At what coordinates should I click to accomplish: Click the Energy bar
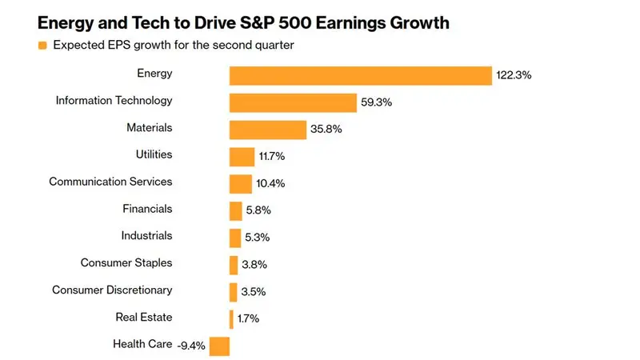pos(361,75)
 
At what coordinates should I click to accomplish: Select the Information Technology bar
pos(293,102)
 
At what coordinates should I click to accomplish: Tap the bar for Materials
pos(268,130)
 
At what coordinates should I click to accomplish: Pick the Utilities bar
pos(242,157)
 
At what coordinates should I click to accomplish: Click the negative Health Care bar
pos(219,346)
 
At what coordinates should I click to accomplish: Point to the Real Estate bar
pos(231,319)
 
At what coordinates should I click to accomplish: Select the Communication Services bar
pos(241,184)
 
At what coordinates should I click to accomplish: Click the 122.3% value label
pos(514,75)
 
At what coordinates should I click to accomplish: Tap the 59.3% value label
pos(376,102)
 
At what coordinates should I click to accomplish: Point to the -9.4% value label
pos(191,346)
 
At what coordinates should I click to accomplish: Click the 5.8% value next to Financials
pos(258,210)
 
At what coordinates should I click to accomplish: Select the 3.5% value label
pos(254,291)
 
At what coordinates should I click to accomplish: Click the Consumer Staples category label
pos(126,263)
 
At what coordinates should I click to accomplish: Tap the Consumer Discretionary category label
pos(112,290)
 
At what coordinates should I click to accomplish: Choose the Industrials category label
pos(146,235)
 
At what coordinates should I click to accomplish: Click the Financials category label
pos(147,209)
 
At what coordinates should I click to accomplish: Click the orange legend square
pos(42,46)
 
